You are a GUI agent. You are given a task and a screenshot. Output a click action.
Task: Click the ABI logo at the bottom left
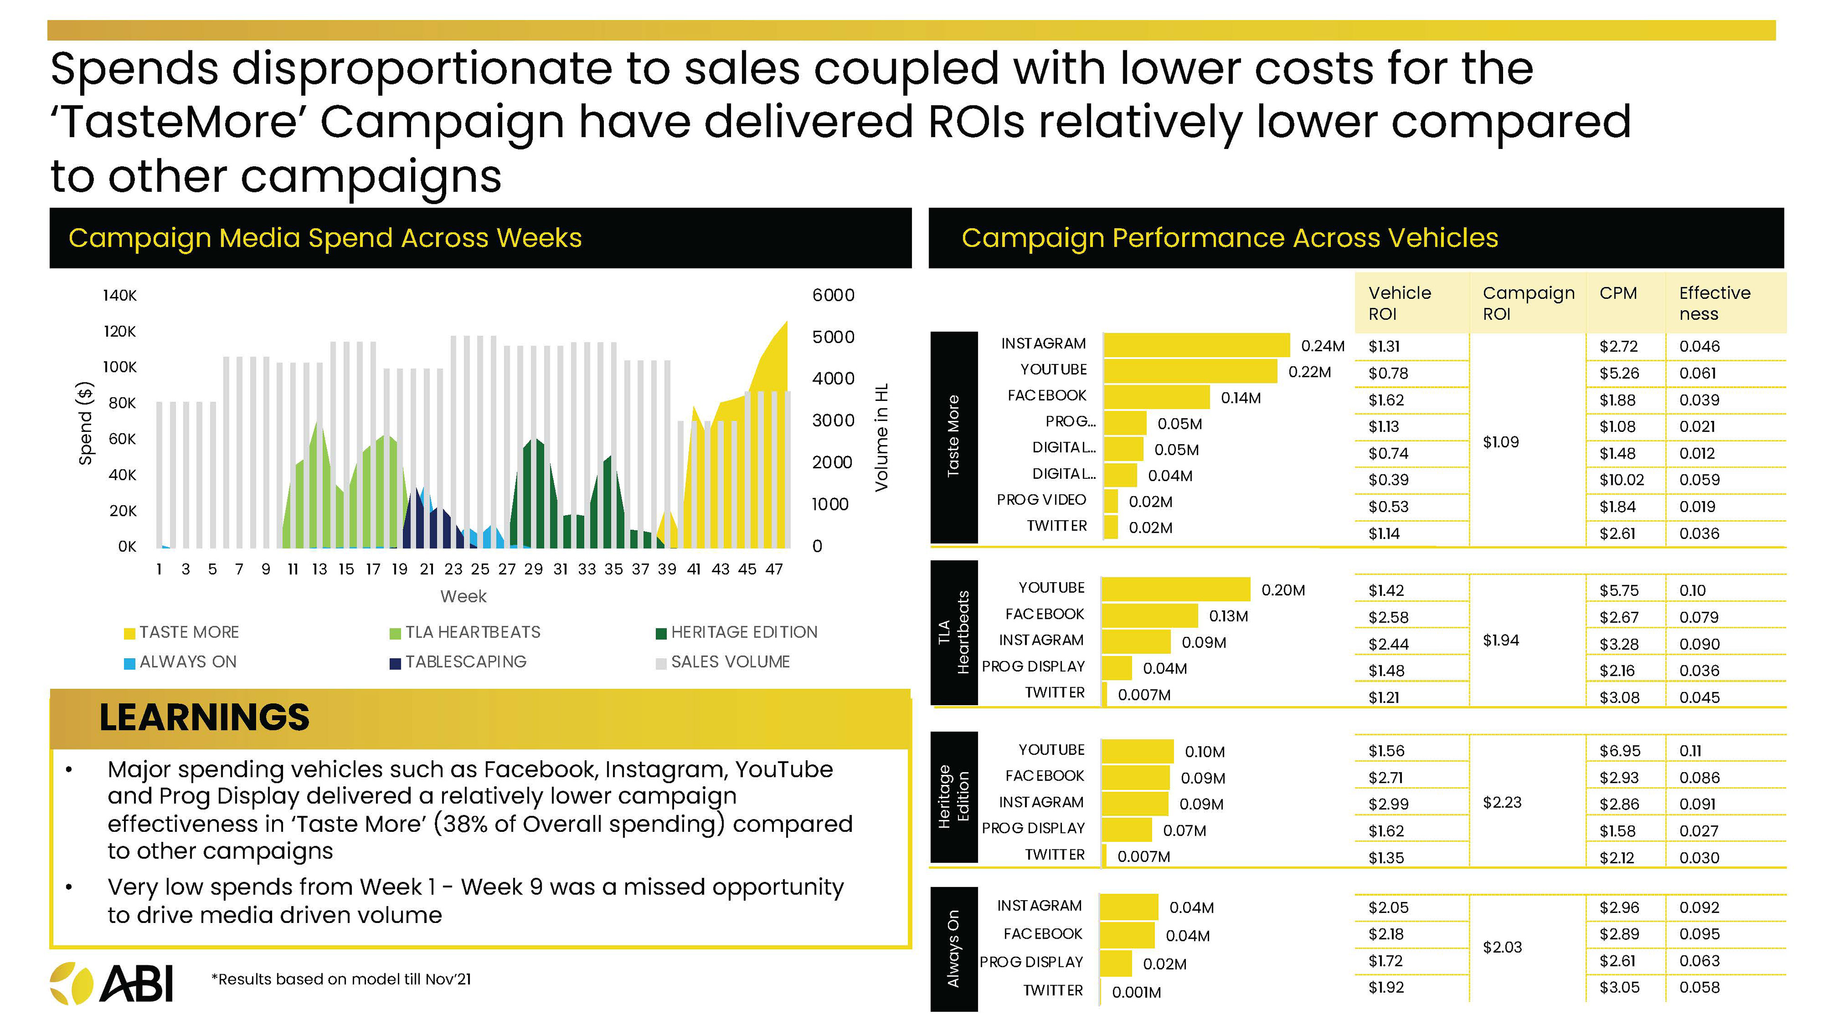[112, 983]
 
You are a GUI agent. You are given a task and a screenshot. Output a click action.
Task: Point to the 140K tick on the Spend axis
[120, 296]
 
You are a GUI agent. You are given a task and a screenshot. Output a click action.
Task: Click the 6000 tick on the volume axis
[833, 296]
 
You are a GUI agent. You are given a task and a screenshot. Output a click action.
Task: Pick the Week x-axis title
[463, 596]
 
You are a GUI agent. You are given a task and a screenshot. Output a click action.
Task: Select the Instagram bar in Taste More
[1196, 345]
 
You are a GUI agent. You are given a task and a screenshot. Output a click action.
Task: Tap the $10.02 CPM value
[1621, 480]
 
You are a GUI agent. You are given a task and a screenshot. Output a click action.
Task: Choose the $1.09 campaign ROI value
[1500, 442]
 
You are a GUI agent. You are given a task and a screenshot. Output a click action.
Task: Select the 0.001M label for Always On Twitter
[1136, 992]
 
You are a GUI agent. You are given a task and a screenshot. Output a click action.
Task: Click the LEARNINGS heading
[204, 717]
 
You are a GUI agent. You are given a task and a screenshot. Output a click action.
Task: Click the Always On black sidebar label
[953, 949]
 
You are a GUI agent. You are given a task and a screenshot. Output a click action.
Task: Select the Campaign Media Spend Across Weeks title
[325, 238]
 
